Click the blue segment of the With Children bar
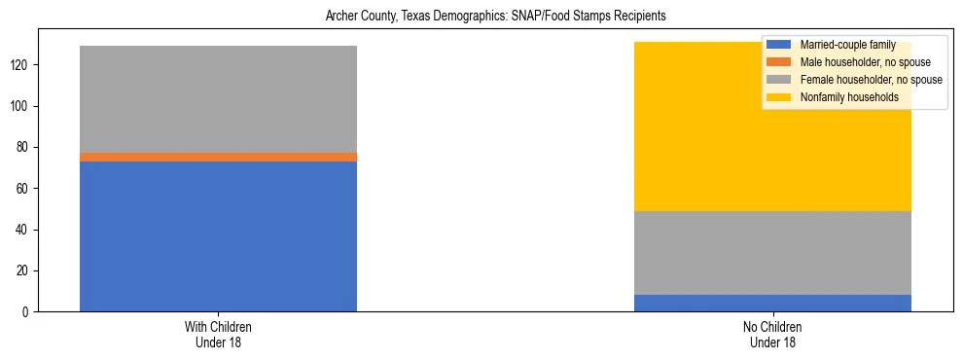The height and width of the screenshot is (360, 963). [x=218, y=236]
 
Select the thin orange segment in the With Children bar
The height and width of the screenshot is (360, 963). [x=218, y=157]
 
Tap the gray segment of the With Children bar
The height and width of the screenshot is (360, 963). [x=218, y=99]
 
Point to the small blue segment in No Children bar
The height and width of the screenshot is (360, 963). [x=772, y=303]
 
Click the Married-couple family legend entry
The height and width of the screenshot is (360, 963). [x=840, y=45]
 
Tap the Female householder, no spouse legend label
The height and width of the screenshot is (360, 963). [x=871, y=80]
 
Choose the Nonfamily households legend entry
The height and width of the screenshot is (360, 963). [x=848, y=97]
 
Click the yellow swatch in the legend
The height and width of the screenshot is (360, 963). [x=780, y=97]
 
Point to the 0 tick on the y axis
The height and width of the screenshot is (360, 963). [x=28, y=311]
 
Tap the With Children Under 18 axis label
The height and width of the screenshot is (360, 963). [x=218, y=335]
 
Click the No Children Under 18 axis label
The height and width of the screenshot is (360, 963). [x=772, y=335]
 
